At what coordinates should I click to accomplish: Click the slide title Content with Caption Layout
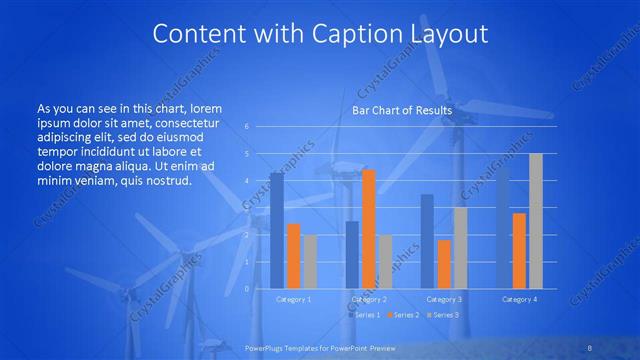pyautogui.click(x=320, y=34)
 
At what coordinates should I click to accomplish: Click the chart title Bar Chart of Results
pyautogui.click(x=402, y=110)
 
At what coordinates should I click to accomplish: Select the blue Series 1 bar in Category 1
pyautogui.click(x=276, y=231)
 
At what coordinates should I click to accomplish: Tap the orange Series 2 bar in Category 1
pyautogui.click(x=293, y=256)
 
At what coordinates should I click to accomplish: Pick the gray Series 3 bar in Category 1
pyautogui.click(x=310, y=262)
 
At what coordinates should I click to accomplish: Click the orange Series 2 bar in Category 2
pyautogui.click(x=368, y=229)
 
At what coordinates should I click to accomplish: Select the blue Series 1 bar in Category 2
pyautogui.click(x=352, y=255)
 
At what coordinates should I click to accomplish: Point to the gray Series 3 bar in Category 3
pyautogui.click(x=460, y=248)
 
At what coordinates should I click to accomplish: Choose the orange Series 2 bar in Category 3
pyautogui.click(x=443, y=264)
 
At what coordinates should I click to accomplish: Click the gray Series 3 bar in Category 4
pyautogui.click(x=535, y=221)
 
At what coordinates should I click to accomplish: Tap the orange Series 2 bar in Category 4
pyautogui.click(x=518, y=251)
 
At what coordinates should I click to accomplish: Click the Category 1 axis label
pyautogui.click(x=293, y=299)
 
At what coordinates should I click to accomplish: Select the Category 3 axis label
pyautogui.click(x=443, y=299)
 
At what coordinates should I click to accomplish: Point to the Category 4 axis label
pyautogui.click(x=518, y=299)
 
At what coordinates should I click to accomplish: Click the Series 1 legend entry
pyautogui.click(x=365, y=315)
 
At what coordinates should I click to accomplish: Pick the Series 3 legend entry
pyautogui.click(x=443, y=315)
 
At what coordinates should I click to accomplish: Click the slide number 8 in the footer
pyautogui.click(x=590, y=347)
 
